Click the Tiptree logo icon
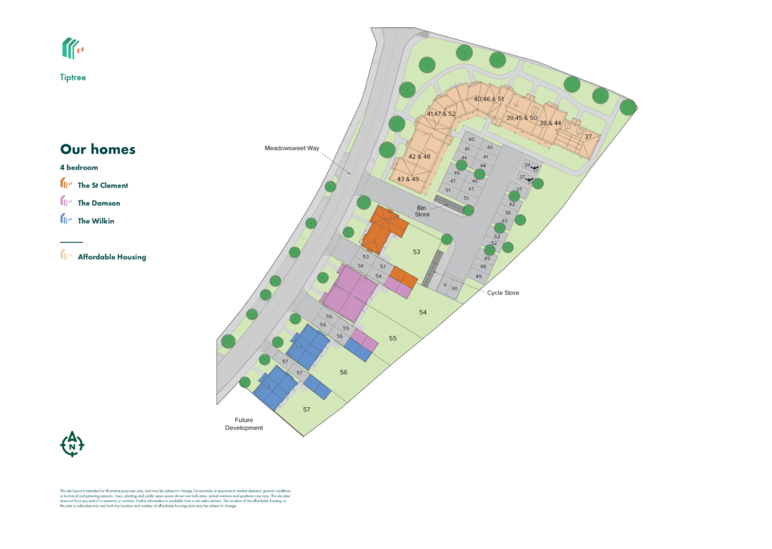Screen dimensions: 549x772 (x=72, y=48)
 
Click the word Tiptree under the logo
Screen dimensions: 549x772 (x=73, y=77)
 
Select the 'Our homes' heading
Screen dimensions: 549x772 (x=97, y=149)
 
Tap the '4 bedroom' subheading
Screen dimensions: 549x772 (x=79, y=167)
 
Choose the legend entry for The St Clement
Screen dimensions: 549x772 (x=103, y=185)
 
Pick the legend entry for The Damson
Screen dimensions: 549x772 (x=99, y=203)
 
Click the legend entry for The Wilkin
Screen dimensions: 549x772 (x=96, y=221)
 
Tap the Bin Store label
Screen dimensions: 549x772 (x=422, y=210)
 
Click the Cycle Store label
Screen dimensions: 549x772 (x=503, y=293)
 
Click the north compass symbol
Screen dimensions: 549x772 (x=72, y=444)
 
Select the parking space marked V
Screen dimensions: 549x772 (x=446, y=285)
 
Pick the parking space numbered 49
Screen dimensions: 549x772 (x=479, y=276)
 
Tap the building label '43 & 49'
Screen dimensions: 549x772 (x=408, y=179)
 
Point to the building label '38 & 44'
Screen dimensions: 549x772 (x=550, y=123)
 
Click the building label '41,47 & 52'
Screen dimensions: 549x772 (x=441, y=114)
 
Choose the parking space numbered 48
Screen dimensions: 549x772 (x=482, y=267)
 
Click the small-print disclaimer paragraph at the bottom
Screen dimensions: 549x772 (x=173, y=498)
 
